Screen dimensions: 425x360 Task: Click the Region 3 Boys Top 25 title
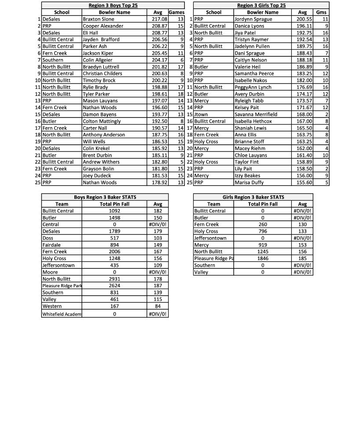pos(113,5)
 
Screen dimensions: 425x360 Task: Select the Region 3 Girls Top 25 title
pos(261,5)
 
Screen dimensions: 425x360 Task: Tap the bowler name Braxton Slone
pos(99,19)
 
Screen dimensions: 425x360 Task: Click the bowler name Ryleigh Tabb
pos(249,101)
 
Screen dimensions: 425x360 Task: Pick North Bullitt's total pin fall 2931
pos(114,279)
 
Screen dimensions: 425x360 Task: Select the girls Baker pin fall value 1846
pos(263,258)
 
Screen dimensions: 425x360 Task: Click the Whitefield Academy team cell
pos(62,314)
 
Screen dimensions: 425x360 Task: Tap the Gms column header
pos(321,12)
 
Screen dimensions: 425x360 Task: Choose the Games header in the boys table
pos(176,12)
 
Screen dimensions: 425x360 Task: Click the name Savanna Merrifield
pos(256,114)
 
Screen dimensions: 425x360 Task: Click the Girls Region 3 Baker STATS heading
pos(253,197)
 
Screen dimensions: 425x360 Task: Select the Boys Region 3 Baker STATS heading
pos(105,197)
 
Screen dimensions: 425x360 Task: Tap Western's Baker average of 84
pos(158,306)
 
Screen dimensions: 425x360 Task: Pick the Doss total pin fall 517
pos(114,238)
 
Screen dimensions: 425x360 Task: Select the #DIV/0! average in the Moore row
pos(158,272)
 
